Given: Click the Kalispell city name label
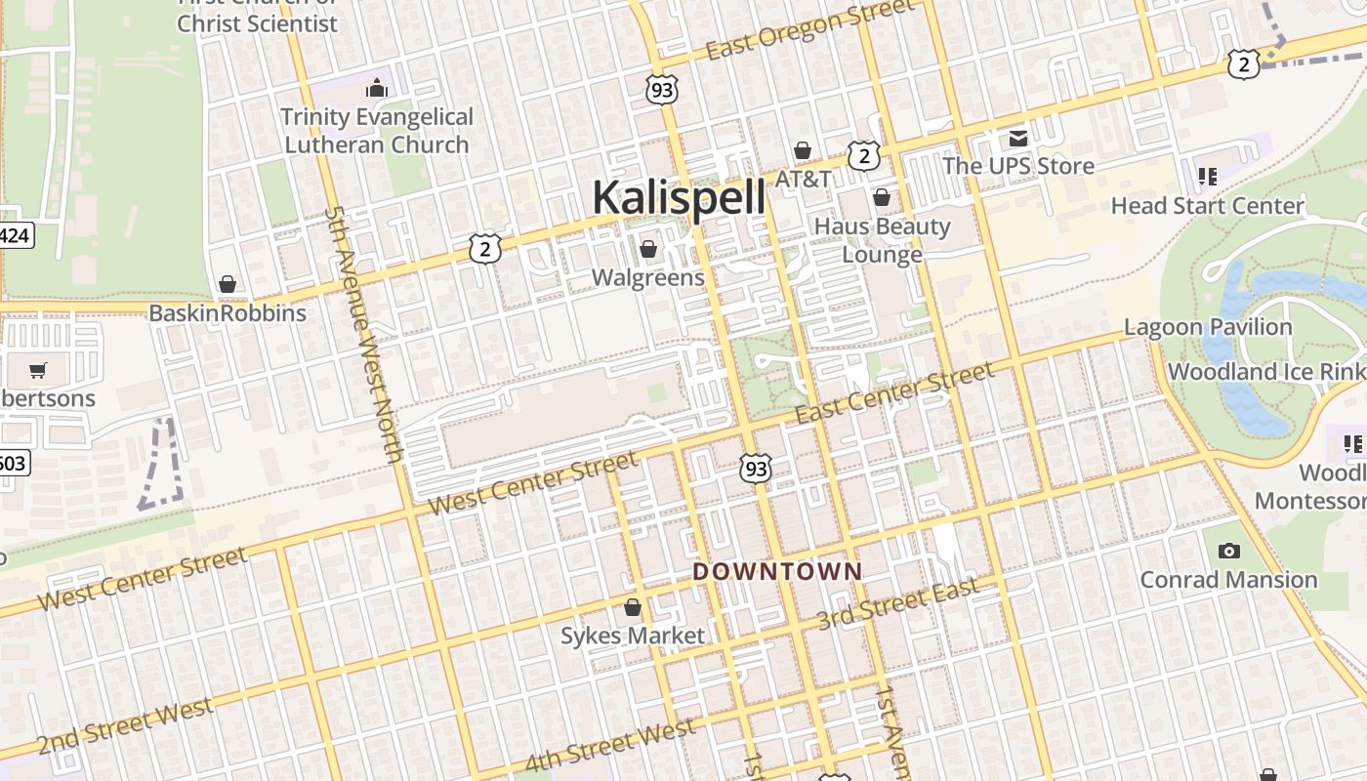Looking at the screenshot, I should [x=679, y=197].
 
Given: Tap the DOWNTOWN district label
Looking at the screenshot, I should [x=778, y=571].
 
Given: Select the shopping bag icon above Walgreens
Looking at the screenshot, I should [x=647, y=250].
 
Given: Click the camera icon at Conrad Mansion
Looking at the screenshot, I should [x=1229, y=552].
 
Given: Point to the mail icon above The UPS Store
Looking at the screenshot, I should [x=1018, y=138].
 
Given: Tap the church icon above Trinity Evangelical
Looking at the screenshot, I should [x=377, y=89].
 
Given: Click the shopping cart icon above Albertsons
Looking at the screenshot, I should [x=38, y=370].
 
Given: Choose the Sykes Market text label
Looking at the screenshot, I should [x=632, y=636].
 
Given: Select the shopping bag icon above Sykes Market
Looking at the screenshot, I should [x=633, y=608].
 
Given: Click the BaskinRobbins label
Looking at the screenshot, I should [x=228, y=313].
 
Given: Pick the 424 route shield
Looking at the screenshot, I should [x=15, y=235].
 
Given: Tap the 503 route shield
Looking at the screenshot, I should [x=13, y=462].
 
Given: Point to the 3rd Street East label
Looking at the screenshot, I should [x=897, y=604].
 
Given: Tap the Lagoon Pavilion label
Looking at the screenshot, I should [x=1208, y=327].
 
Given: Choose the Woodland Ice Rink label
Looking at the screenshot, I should [x=1266, y=372].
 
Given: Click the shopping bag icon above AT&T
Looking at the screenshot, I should [x=803, y=151].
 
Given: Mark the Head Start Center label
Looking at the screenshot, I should [x=1208, y=206].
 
